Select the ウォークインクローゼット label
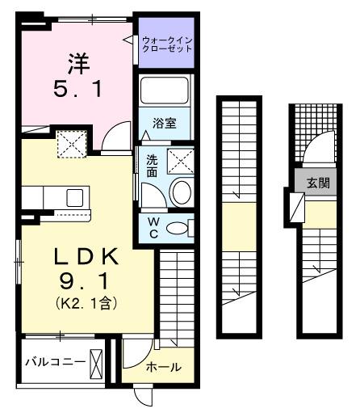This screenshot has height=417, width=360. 167,44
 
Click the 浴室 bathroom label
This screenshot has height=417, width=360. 166,124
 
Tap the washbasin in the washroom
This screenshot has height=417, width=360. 181,192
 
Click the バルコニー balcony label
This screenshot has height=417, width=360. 54,361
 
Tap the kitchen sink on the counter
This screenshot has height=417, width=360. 75,197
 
